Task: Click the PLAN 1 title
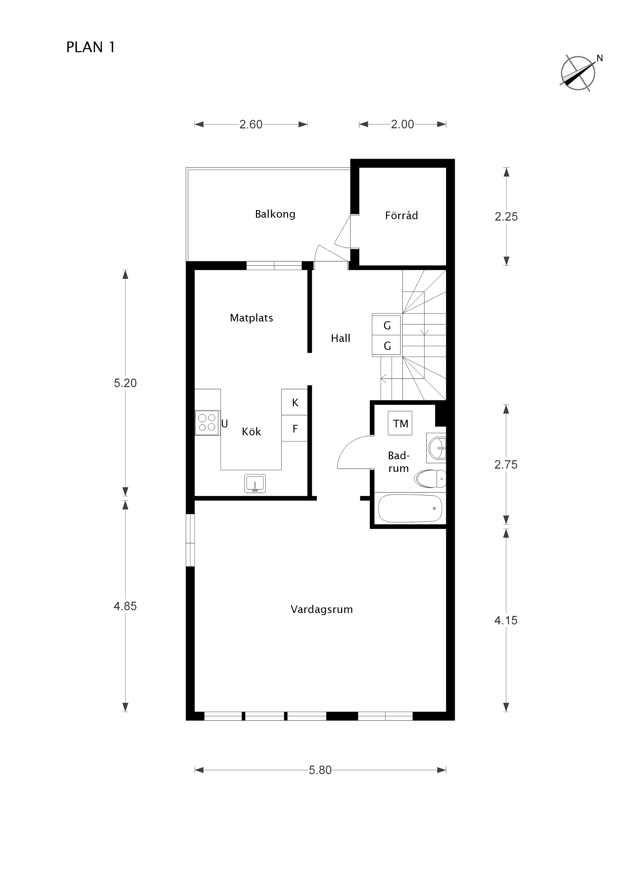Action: click(x=91, y=47)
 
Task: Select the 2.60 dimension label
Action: click(x=251, y=124)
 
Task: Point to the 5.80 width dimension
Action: click(x=320, y=770)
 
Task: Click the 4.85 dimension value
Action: click(x=125, y=606)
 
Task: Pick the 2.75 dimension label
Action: click(x=506, y=464)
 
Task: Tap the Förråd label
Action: click(x=401, y=215)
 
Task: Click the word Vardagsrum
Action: click(x=322, y=609)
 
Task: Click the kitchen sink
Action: click(x=255, y=483)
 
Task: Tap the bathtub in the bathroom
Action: click(x=410, y=508)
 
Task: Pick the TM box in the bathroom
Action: click(x=400, y=423)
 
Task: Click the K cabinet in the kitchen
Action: click(x=295, y=402)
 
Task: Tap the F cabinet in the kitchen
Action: click(x=295, y=428)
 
